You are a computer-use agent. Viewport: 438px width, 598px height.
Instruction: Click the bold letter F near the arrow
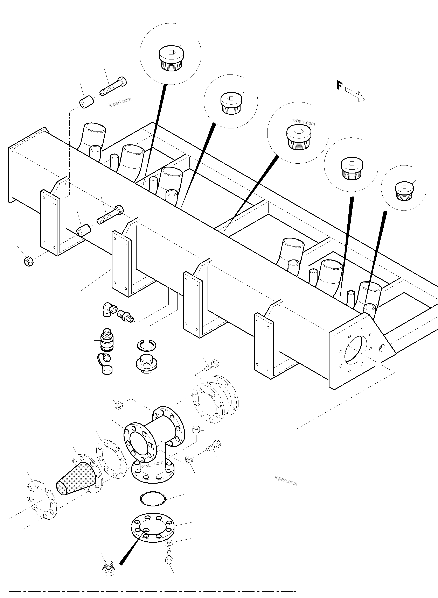pyautogui.click(x=339, y=85)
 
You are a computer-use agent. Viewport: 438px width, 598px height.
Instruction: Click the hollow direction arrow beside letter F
pyautogui.click(x=355, y=95)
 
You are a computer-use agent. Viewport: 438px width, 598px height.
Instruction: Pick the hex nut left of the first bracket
pyautogui.click(x=29, y=261)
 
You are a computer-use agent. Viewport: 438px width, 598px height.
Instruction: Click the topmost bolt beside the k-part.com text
pyautogui.click(x=113, y=86)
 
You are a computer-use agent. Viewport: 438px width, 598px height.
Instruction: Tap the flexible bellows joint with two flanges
pyautogui.click(x=215, y=400)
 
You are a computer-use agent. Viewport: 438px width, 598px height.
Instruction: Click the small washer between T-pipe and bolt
pyautogui.click(x=188, y=460)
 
